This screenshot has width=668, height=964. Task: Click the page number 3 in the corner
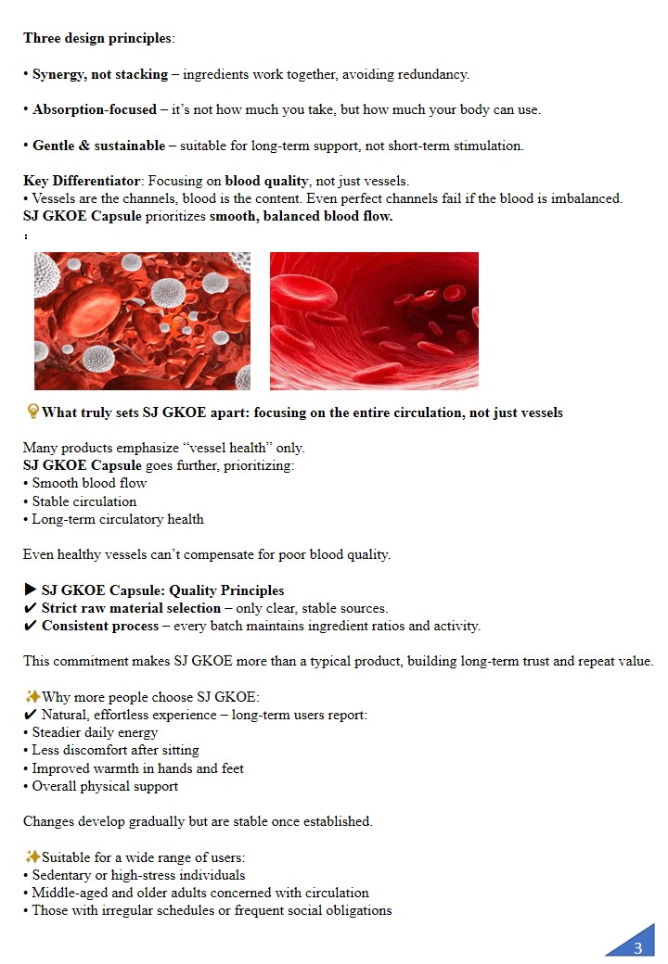pyautogui.click(x=637, y=947)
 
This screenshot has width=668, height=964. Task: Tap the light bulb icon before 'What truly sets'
pyautogui.click(x=32, y=412)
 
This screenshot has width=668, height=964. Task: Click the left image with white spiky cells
pyautogui.click(x=142, y=321)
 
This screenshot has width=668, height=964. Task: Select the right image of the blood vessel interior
pyautogui.click(x=374, y=321)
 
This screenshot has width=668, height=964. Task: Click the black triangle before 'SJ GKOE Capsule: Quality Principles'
pyautogui.click(x=31, y=590)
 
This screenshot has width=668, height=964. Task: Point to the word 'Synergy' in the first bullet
pyautogui.click(x=60, y=74)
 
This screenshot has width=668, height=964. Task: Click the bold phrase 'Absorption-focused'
pyautogui.click(x=95, y=109)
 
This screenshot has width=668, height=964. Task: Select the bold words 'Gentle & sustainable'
pyautogui.click(x=98, y=146)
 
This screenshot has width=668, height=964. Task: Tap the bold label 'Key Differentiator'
pyautogui.click(x=83, y=181)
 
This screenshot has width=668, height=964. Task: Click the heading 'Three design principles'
pyautogui.click(x=97, y=38)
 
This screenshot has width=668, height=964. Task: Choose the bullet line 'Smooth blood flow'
pyautogui.click(x=89, y=483)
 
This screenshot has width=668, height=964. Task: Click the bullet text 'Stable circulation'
pyautogui.click(x=84, y=501)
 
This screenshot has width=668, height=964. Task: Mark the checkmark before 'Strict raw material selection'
pyautogui.click(x=30, y=609)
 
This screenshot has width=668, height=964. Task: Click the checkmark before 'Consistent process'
pyautogui.click(x=30, y=627)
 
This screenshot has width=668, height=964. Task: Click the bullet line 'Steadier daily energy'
pyautogui.click(x=95, y=732)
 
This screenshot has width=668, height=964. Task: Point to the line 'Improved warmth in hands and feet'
pyautogui.click(x=137, y=768)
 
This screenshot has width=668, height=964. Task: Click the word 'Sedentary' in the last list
pyautogui.click(x=63, y=875)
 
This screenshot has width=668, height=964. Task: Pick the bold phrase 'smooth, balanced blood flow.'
pyautogui.click(x=302, y=217)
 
